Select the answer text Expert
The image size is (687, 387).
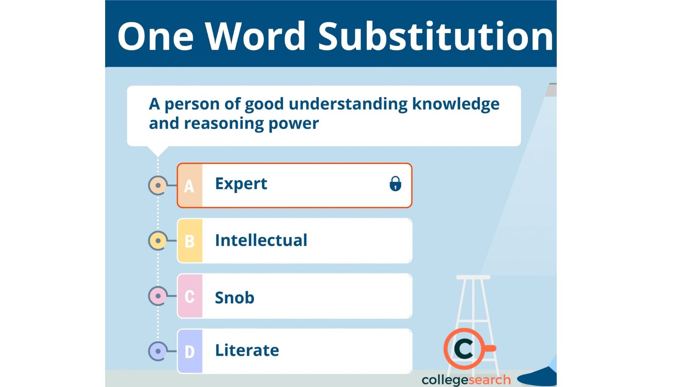click(241, 184)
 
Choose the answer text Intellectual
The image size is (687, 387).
click(261, 240)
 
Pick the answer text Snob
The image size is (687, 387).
click(234, 297)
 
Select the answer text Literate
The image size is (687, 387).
click(247, 350)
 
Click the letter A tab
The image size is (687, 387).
click(190, 186)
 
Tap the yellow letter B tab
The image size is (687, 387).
click(190, 241)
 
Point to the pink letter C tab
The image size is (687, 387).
click(190, 297)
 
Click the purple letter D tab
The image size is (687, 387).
click(190, 351)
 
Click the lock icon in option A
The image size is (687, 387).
click(395, 184)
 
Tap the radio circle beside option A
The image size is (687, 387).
click(158, 185)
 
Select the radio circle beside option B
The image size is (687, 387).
click(158, 241)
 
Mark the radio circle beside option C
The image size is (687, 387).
click(158, 296)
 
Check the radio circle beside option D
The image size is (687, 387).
click(158, 351)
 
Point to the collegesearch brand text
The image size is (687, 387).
click(466, 380)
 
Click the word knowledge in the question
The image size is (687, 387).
click(455, 104)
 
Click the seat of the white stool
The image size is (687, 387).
click(473, 277)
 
